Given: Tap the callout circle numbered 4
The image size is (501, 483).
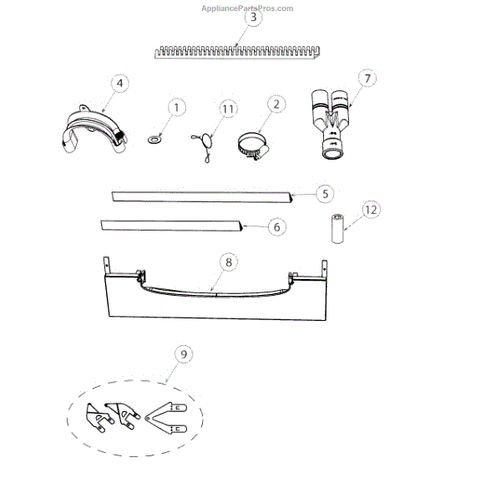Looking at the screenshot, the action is (120, 84).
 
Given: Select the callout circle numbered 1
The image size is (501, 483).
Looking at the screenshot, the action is (176, 108).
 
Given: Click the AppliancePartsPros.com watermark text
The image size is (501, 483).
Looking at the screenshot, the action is (248, 8).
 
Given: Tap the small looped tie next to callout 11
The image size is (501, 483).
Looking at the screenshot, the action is (204, 142).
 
